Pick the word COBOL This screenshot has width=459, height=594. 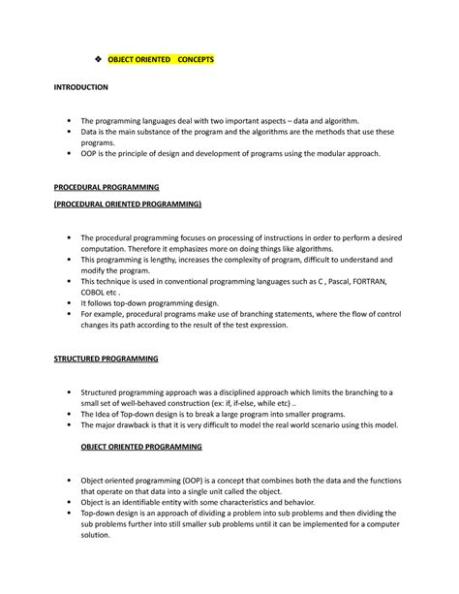95,290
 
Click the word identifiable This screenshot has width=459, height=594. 145,502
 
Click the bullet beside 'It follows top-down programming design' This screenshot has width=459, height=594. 70,301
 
